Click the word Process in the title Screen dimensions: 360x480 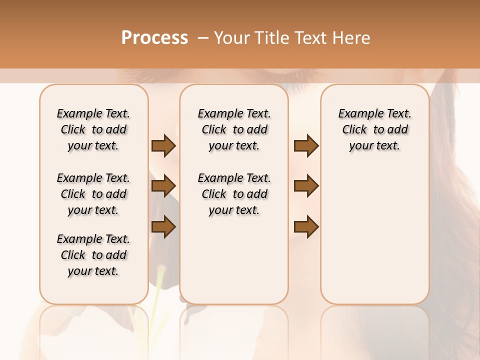(154, 38)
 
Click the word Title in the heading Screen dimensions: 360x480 (271, 38)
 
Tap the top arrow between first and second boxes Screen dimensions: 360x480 (163, 145)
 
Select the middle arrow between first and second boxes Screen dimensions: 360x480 (163, 186)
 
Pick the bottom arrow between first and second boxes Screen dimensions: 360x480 (163, 226)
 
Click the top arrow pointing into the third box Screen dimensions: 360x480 (306, 145)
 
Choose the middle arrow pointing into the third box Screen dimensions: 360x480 (306, 186)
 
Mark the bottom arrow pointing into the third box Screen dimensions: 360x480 (306, 226)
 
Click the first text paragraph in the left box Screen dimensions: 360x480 (93, 129)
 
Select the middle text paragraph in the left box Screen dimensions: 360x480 (93, 194)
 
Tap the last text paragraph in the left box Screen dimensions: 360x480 (93, 255)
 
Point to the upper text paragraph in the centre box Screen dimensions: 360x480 (234, 129)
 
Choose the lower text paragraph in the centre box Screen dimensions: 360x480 (234, 194)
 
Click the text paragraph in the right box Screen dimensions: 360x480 (375, 129)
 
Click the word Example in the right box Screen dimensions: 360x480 (357, 113)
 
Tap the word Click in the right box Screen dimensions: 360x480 (354, 129)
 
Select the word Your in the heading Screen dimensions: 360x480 (231, 38)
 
